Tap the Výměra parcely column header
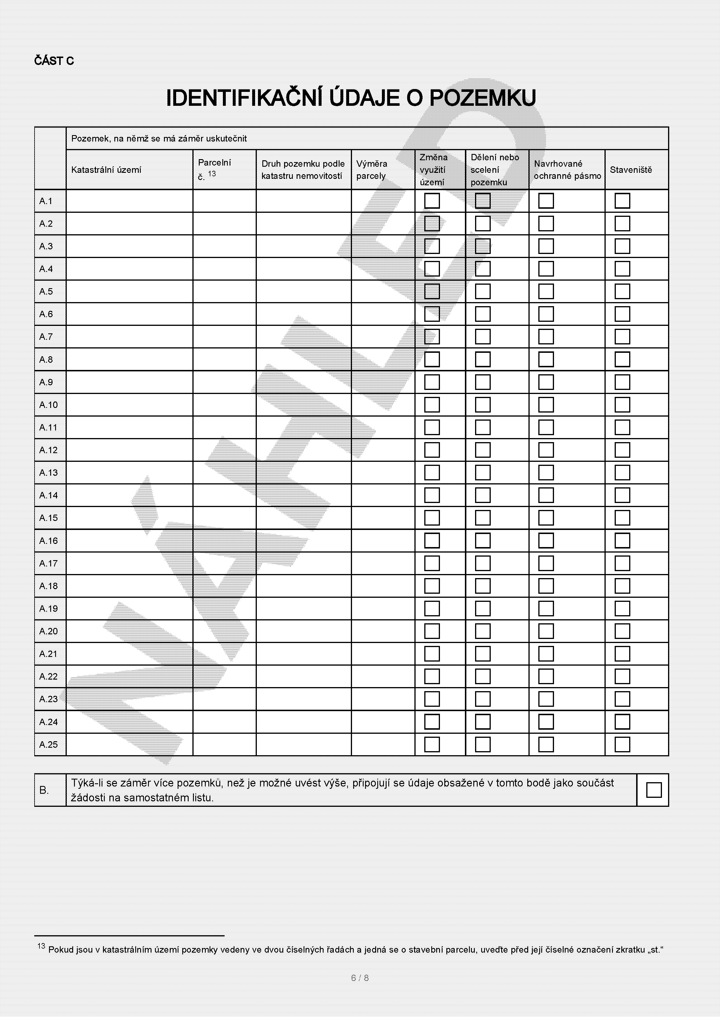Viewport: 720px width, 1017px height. [x=371, y=170]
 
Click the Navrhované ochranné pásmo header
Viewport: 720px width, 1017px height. [x=567, y=170]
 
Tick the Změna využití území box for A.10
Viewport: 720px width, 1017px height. [x=432, y=405]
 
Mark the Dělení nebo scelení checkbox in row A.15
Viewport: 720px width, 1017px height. [x=483, y=518]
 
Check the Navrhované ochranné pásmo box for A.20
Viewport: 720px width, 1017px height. [x=546, y=631]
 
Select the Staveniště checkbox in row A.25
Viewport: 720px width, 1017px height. [x=622, y=744]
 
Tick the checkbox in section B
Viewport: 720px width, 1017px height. [x=654, y=790]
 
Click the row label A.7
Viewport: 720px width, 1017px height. [x=46, y=337]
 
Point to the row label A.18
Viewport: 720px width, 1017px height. [x=48, y=586]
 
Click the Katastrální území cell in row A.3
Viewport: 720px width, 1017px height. [x=129, y=246]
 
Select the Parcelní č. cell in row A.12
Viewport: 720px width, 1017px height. [x=224, y=450]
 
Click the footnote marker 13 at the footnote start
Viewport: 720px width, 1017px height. [x=41, y=946]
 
